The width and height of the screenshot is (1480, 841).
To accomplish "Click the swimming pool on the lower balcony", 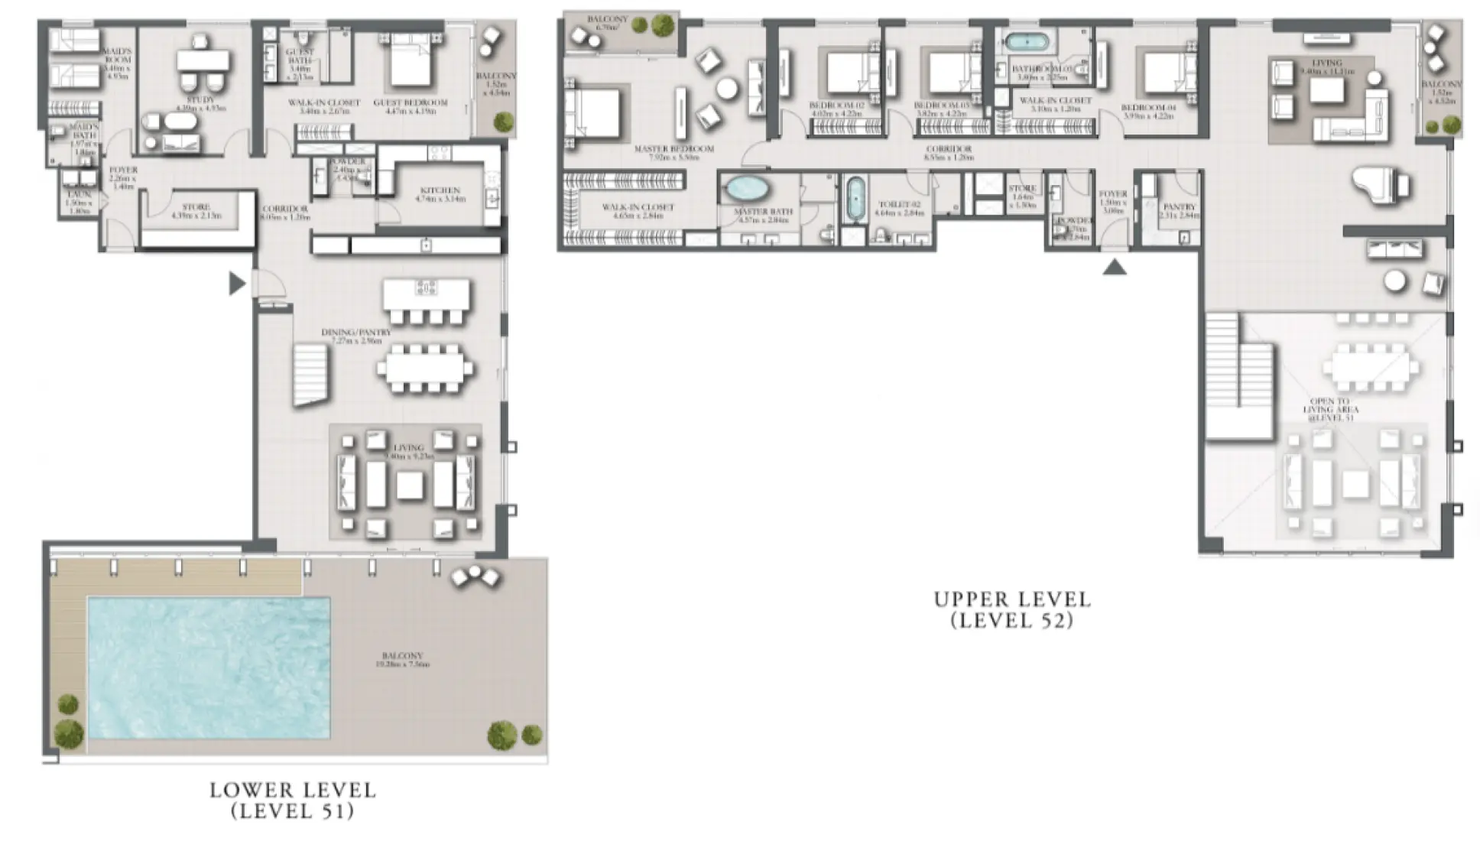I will click(x=209, y=667).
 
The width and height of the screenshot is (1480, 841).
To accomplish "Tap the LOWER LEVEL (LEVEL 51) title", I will click(x=293, y=800).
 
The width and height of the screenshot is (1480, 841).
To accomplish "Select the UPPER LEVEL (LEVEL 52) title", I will click(x=1012, y=609).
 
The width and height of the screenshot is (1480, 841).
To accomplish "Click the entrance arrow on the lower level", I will click(x=237, y=284).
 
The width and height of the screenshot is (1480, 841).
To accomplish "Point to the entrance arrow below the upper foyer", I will click(x=1114, y=266).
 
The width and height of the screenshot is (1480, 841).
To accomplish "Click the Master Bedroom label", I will click(x=673, y=149).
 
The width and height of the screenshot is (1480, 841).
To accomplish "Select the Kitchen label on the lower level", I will click(x=440, y=190).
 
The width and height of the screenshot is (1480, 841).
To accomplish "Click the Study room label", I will click(x=200, y=100).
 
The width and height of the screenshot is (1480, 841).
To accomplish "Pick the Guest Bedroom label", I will click(x=410, y=102).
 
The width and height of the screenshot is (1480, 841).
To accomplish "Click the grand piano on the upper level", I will click(x=1378, y=186).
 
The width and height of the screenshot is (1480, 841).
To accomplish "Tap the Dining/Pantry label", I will click(x=356, y=333).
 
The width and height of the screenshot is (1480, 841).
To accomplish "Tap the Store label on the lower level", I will click(x=196, y=207).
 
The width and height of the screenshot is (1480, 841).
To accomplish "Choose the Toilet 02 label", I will click(x=899, y=205).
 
